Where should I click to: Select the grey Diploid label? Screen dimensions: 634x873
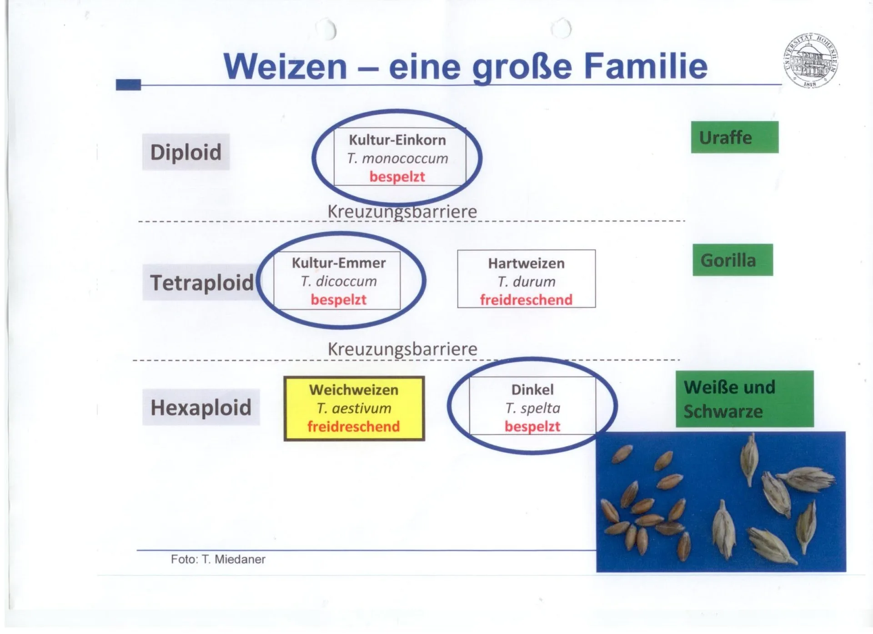pyautogui.click(x=186, y=152)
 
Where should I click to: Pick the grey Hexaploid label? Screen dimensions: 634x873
pyautogui.click(x=201, y=407)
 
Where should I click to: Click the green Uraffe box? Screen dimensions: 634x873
pyautogui.click(x=734, y=137)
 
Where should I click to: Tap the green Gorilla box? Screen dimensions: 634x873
pyautogui.click(x=733, y=260)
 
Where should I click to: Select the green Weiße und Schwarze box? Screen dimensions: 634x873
pyautogui.click(x=744, y=399)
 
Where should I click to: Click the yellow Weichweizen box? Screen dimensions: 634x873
pyautogui.click(x=354, y=408)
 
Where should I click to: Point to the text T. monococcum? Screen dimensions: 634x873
pyautogui.click(x=397, y=158)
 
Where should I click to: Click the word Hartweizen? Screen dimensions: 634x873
pyautogui.click(x=526, y=263)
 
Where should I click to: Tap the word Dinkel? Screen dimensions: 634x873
pyautogui.click(x=532, y=390)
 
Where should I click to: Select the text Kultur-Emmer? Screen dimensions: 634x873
pyautogui.click(x=339, y=263)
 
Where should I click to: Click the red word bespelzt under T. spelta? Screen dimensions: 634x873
pyautogui.click(x=532, y=426)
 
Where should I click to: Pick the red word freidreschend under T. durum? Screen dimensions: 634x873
pyautogui.click(x=526, y=300)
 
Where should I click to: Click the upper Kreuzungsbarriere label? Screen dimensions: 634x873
pyautogui.click(x=402, y=212)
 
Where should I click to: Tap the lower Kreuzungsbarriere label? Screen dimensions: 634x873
pyautogui.click(x=402, y=349)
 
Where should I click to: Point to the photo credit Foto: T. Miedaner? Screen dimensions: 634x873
pyautogui.click(x=218, y=559)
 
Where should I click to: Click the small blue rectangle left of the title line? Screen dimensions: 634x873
pyautogui.click(x=128, y=84)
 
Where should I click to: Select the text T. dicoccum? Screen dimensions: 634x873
pyautogui.click(x=339, y=282)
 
